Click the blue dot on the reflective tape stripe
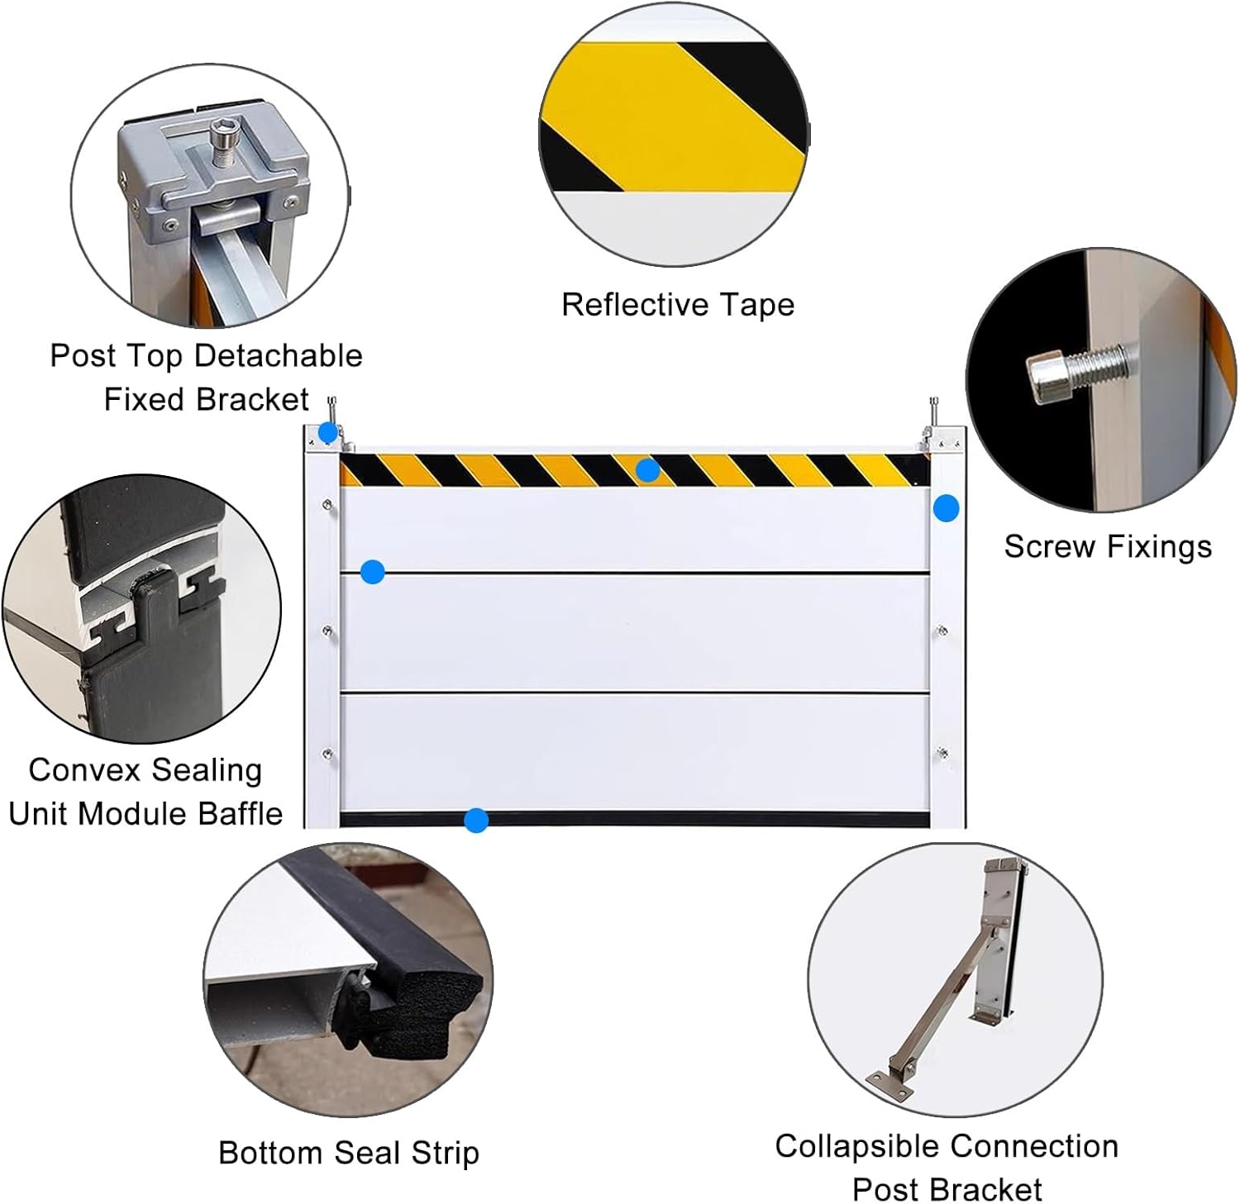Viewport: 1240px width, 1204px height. [x=647, y=470]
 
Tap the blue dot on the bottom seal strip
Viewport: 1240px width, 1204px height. [x=476, y=821]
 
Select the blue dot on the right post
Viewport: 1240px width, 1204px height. [x=946, y=508]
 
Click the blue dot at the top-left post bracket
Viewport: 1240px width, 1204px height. [x=328, y=432]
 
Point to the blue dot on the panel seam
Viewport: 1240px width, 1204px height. [x=373, y=571]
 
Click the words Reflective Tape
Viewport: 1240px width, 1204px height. [x=677, y=305]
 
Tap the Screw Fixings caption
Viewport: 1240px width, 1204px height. [x=1107, y=547]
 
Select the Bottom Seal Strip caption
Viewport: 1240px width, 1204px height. [x=348, y=1153]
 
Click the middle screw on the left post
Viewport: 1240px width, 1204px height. [x=328, y=631]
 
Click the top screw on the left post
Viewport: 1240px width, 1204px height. [x=328, y=505]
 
